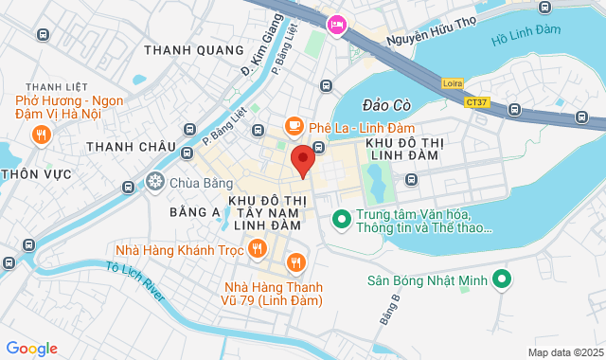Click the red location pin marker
[302, 159]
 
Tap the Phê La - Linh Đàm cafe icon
[294, 126]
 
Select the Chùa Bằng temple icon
[155, 181]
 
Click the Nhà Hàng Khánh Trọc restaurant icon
[257, 250]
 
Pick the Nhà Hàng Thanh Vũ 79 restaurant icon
[296, 262]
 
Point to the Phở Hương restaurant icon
[40, 135]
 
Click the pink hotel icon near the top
[335, 25]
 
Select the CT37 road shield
[477, 100]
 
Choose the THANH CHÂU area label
[131, 147]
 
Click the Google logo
[31, 348]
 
